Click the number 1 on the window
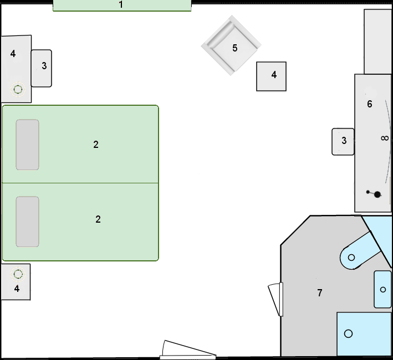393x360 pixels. coord(121,4)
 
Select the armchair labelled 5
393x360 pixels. coord(231,45)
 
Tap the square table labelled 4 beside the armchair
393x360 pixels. coord(271,76)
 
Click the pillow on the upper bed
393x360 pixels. coord(27,145)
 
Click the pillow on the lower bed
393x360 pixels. coord(27,222)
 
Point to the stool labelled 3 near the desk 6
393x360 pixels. coord(343,142)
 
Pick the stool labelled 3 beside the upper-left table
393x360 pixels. coord(42,68)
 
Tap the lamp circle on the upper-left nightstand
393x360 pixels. coord(18,89)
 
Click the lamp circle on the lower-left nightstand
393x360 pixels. coord(18,274)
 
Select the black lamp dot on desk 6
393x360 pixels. coord(377,194)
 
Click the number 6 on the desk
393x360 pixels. coord(369,104)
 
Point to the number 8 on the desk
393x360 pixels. coord(385,138)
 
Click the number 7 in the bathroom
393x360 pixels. coord(320,292)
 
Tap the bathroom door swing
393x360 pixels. coord(275,299)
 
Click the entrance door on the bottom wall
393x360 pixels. coord(188,349)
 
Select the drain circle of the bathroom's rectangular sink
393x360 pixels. coord(382,290)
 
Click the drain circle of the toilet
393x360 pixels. coord(351,258)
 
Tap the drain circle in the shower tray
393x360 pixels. coord(349,333)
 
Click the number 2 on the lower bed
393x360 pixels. coord(98,219)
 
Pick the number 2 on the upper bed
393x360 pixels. coord(96,145)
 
